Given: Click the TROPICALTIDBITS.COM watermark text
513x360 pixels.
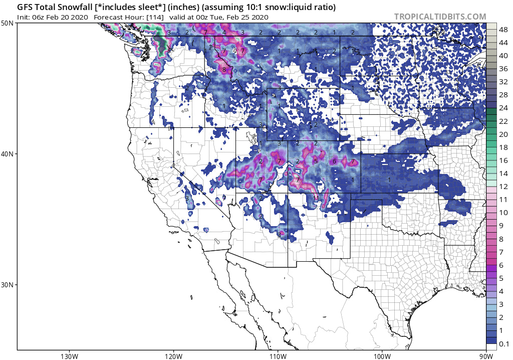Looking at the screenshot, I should [x=440, y=17].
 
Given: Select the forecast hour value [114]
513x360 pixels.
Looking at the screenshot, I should [x=154, y=17].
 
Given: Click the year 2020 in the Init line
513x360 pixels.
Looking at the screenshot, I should [x=80, y=17].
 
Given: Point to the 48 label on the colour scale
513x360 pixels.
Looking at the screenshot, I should [x=503, y=30].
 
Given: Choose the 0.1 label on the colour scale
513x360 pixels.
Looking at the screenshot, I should [x=504, y=343].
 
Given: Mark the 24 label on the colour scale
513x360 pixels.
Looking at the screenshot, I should [x=503, y=108].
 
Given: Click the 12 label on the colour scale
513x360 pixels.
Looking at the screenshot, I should [x=503, y=187].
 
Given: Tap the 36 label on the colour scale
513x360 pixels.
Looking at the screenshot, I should [x=503, y=69].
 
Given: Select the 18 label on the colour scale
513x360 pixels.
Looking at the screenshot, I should [x=503, y=147].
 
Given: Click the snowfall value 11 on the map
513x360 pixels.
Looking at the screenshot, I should [x=316, y=198].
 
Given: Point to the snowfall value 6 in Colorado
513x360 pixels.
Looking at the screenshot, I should [x=334, y=161].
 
